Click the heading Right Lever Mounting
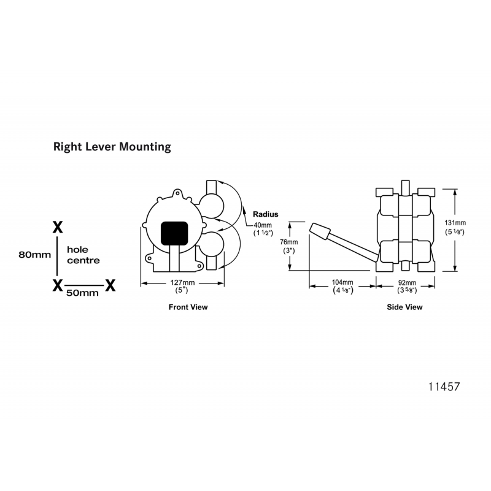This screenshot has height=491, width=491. (x=112, y=147)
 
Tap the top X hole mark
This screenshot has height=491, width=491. (x=58, y=227)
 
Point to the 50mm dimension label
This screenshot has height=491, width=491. (x=82, y=293)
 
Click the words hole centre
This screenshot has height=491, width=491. (x=83, y=255)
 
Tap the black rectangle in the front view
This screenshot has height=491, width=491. (x=174, y=233)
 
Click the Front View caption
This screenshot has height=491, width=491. (x=188, y=307)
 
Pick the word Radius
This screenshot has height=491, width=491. (x=266, y=215)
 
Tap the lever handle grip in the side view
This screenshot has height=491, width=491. (x=320, y=231)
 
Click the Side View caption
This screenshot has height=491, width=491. (x=404, y=307)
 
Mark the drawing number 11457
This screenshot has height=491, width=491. (x=443, y=387)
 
